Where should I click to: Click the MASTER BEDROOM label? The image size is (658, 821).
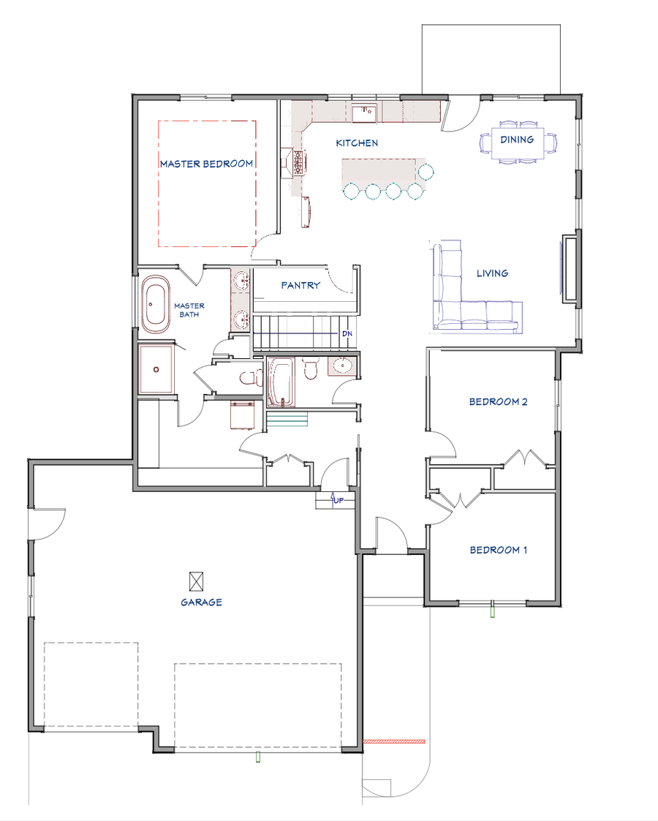[206, 164]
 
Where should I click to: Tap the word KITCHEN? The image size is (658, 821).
[357, 143]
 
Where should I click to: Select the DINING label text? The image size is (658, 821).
[517, 139]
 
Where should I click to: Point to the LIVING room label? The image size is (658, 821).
[492, 273]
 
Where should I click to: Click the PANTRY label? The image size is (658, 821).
[300, 285]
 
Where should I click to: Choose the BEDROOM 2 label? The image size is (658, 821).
[498, 401]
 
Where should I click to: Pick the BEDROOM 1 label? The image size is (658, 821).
[498, 550]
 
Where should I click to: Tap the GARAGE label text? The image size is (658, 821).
[201, 602]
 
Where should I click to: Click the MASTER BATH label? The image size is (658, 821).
[189, 310]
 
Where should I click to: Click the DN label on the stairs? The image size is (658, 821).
[347, 333]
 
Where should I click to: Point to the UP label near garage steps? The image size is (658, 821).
[339, 500]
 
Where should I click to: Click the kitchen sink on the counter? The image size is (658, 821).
[363, 113]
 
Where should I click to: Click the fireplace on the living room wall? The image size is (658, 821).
[569, 267]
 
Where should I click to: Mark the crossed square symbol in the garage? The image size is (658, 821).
[196, 581]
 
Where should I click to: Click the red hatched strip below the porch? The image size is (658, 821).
[393, 741]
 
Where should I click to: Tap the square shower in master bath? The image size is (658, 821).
[156, 369]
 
